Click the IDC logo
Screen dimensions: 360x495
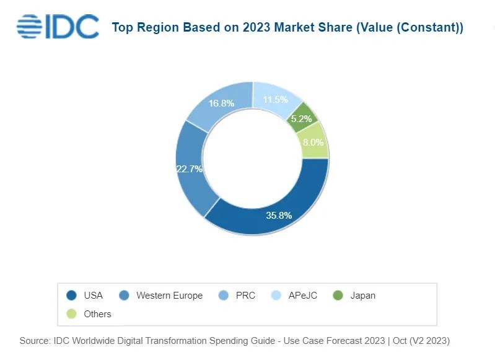pyautogui.click(x=58, y=27)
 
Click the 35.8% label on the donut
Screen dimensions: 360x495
pyautogui.click(x=279, y=216)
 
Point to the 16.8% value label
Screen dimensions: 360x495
pyautogui.click(x=221, y=103)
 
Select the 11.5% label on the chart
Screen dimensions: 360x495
pyautogui.click(x=276, y=99)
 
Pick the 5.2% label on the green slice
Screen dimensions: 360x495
pyautogui.click(x=302, y=118)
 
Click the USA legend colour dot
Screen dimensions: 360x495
pyautogui.click(x=71, y=296)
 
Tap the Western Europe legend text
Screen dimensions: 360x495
pyautogui.click(x=169, y=296)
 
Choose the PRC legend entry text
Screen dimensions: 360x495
pyautogui.click(x=245, y=296)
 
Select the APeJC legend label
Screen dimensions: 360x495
pyautogui.click(x=302, y=296)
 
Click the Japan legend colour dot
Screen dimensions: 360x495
pyautogui.click(x=338, y=296)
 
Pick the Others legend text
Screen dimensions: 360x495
pyautogui.click(x=97, y=314)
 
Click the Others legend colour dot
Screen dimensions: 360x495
pyautogui.click(x=71, y=314)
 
